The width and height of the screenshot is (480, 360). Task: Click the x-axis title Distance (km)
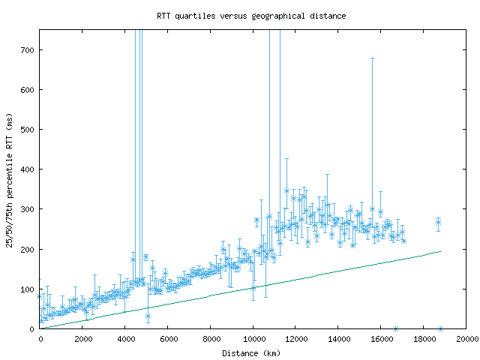(251, 352)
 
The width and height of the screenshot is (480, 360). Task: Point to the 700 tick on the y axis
(30, 50)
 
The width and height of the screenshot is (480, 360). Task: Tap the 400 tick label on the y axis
(30, 169)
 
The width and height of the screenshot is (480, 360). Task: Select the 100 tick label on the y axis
(30, 289)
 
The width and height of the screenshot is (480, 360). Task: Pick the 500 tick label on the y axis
(30, 130)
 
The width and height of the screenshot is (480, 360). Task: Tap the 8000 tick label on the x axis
(211, 339)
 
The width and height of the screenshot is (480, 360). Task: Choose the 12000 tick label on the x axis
(295, 339)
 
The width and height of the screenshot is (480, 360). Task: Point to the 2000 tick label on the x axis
(82, 339)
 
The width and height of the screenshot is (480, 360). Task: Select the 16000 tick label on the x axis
(381, 339)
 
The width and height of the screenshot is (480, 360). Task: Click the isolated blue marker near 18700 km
(439, 222)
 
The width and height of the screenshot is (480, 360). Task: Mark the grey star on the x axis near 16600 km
(395, 328)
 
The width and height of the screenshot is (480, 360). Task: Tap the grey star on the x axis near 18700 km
(440, 328)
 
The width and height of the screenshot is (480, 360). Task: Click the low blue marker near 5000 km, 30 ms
(148, 316)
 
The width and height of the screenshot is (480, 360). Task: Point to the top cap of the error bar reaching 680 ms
(372, 58)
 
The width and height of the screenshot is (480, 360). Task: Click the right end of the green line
(441, 251)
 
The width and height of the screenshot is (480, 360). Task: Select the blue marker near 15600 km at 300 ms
(372, 209)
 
